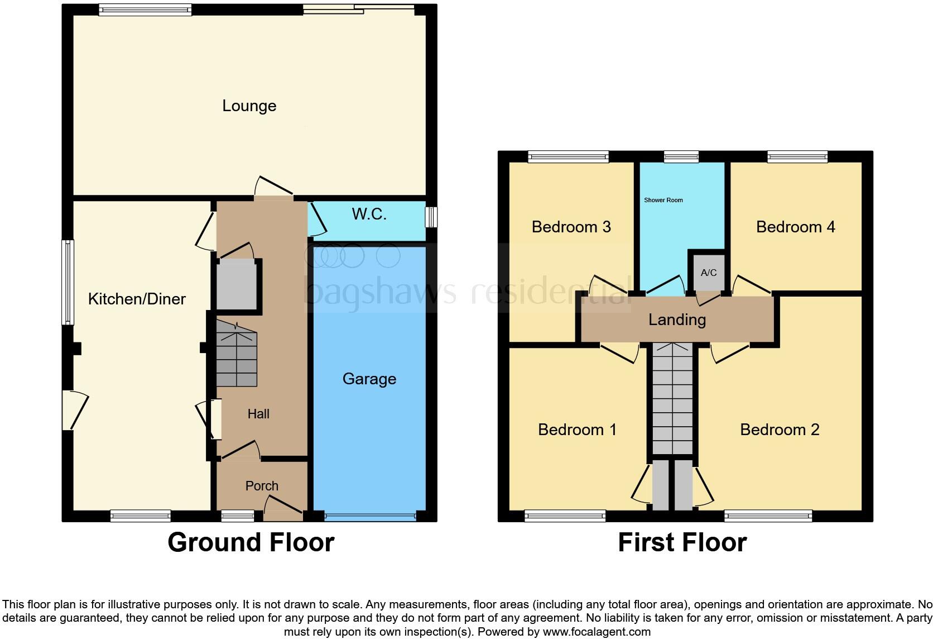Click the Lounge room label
point(249,106)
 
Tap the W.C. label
point(369,214)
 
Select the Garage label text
point(369,379)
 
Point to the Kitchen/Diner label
point(137,299)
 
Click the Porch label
point(262,486)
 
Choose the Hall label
point(258,414)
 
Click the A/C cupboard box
point(709,273)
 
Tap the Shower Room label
point(663,200)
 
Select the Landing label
point(677,319)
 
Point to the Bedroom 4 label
point(795,227)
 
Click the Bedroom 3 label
point(571,227)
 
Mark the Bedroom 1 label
point(577,430)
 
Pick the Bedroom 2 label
point(780,430)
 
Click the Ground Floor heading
point(251,542)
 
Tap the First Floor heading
point(682,542)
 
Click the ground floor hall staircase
point(237,358)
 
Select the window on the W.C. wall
point(431,217)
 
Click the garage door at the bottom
point(370,517)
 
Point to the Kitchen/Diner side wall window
point(68,282)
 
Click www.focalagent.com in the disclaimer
point(597,632)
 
